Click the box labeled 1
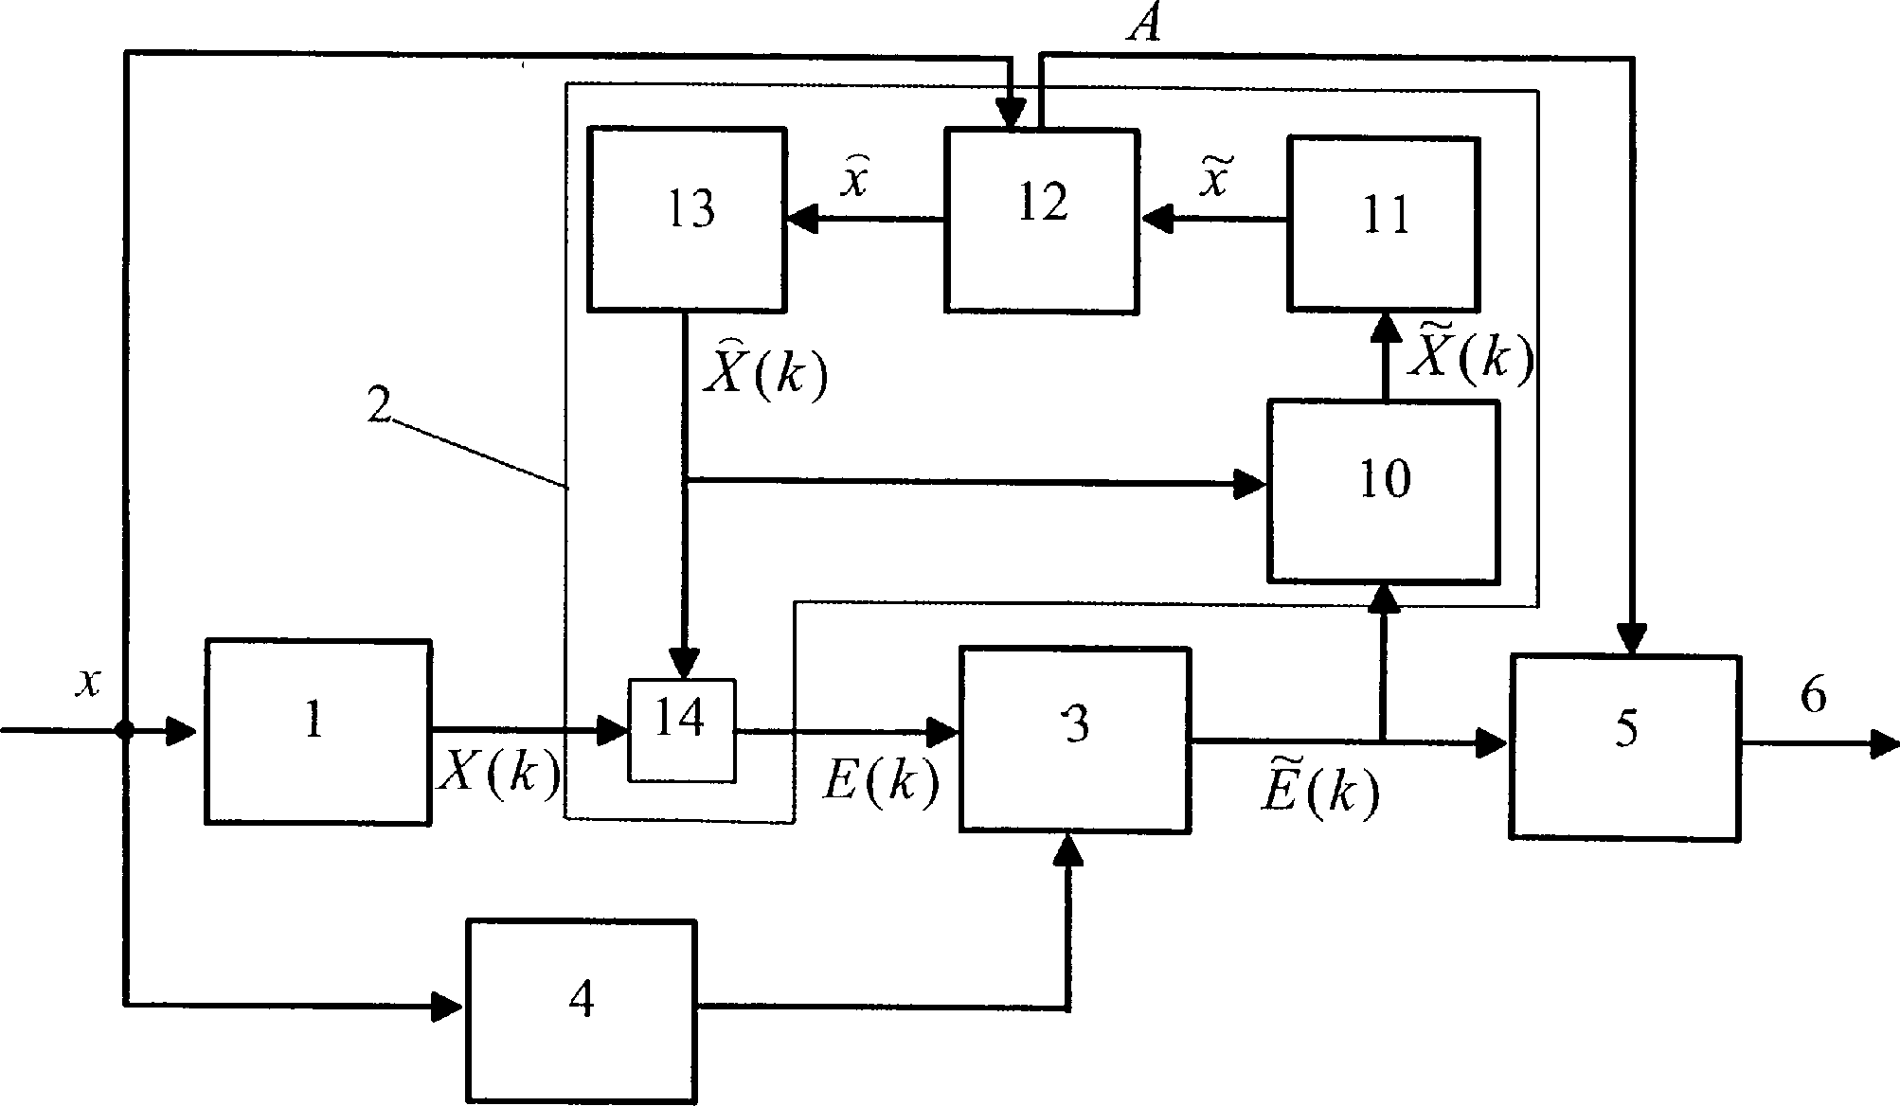tap(317, 732)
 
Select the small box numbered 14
tap(681, 730)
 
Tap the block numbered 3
tap(1075, 740)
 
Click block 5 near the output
tap(1624, 746)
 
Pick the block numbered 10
tap(1383, 491)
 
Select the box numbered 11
tap(1383, 223)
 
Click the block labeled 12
tap(1041, 220)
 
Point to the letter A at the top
tap(1145, 26)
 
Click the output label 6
tap(1812, 698)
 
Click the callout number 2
tap(378, 406)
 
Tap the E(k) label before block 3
tap(880, 782)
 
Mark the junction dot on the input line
tap(124, 730)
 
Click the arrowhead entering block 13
tap(801, 221)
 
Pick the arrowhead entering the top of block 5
tap(1631, 638)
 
